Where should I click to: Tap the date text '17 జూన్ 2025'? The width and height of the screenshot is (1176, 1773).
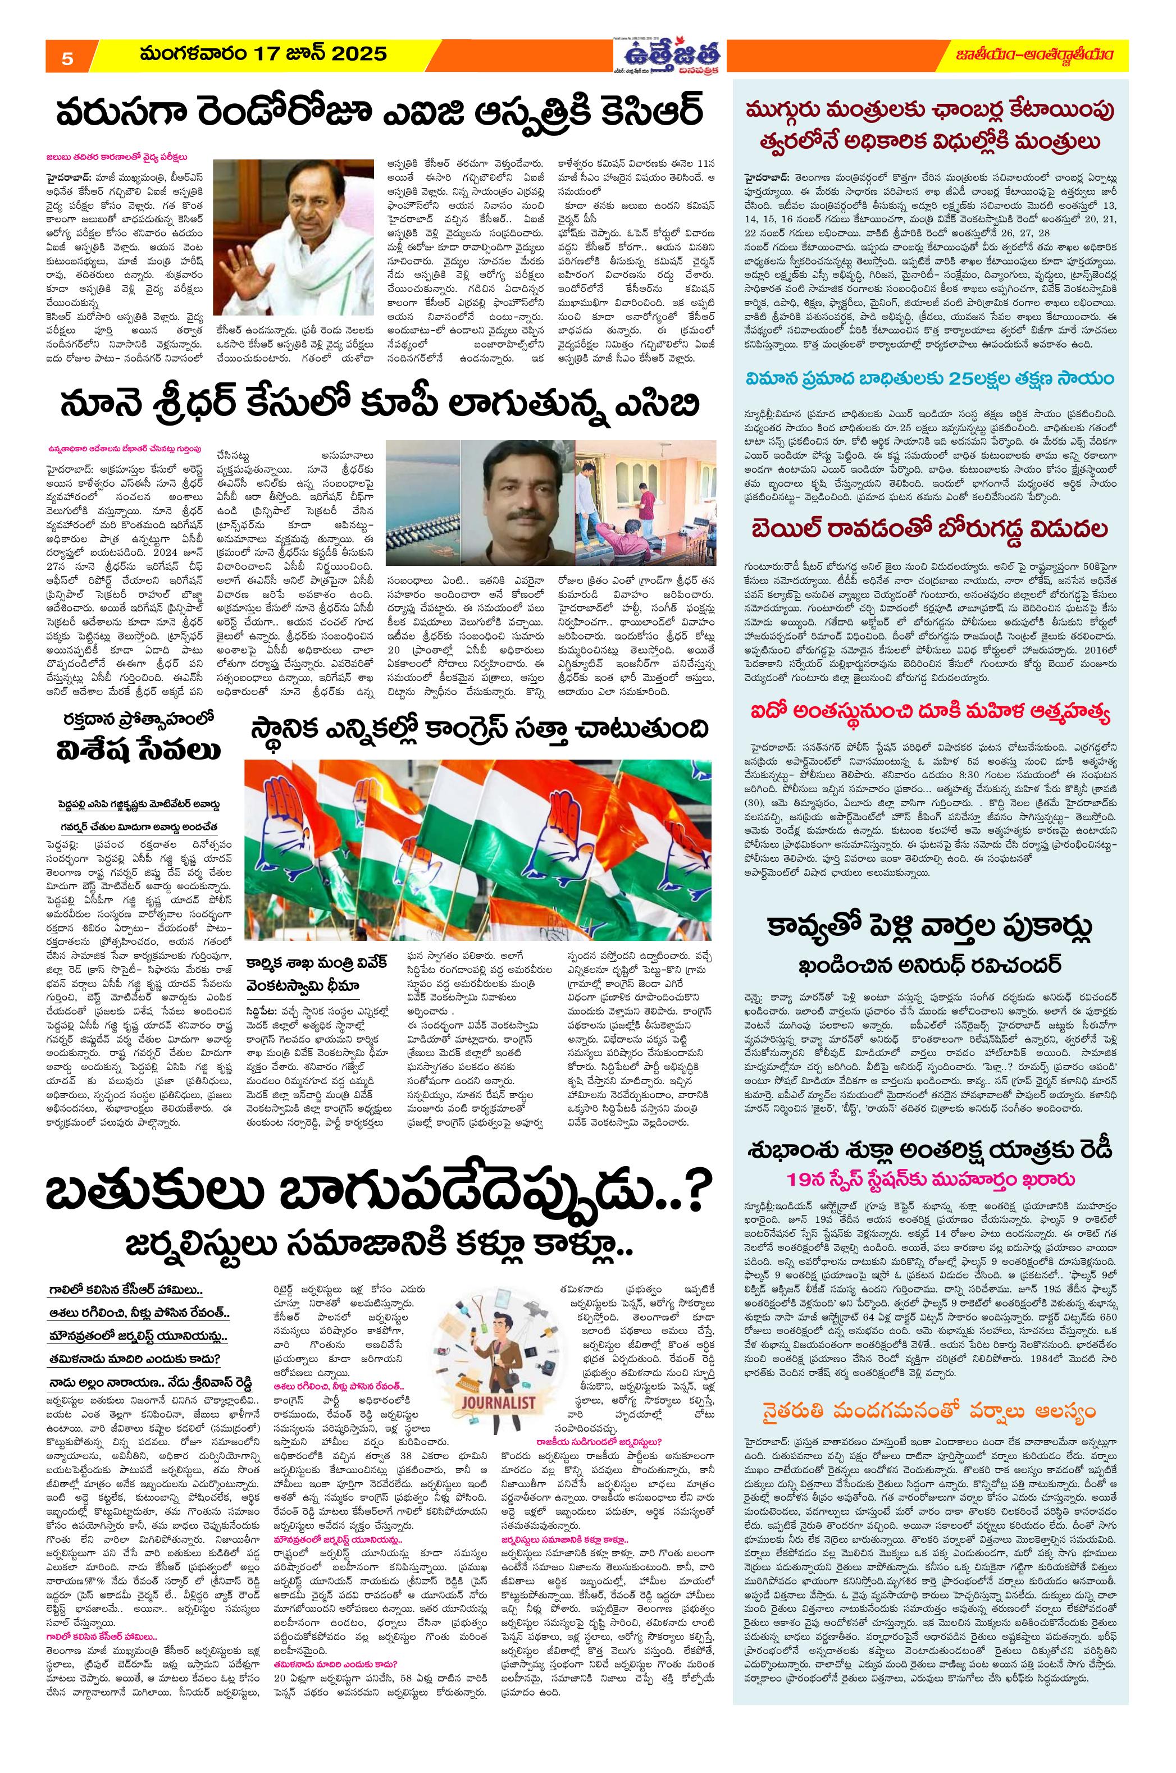[x=322, y=54]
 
